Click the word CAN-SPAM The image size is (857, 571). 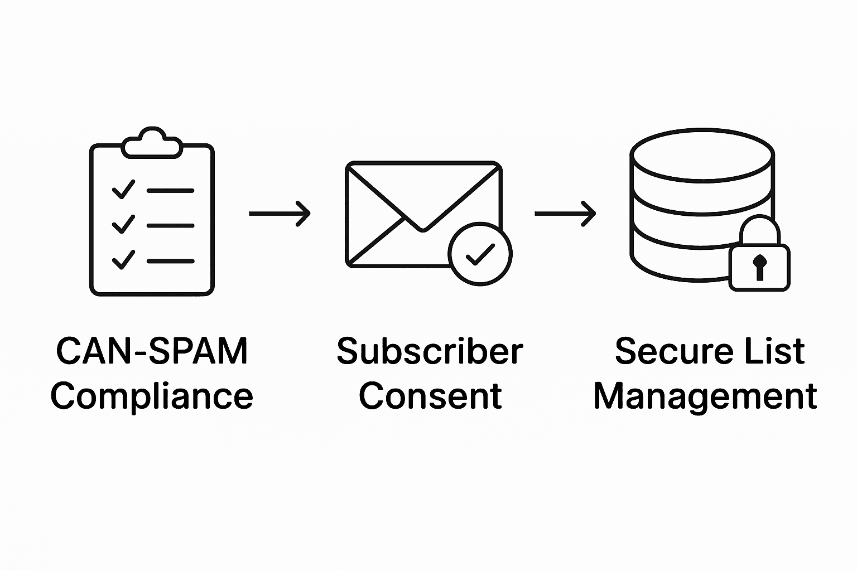pos(152,351)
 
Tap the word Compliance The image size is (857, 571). pos(152,396)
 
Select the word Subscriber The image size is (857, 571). pos(430,351)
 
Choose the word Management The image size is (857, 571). pos(705,396)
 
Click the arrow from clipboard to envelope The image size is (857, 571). pos(279,213)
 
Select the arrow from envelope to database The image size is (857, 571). pos(565,213)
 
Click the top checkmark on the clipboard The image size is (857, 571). pos(123,190)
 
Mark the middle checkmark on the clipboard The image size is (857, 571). pos(123,225)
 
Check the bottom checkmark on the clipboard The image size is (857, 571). pos(123,260)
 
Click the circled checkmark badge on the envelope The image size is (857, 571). pos(480,255)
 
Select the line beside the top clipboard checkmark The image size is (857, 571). pos(170,190)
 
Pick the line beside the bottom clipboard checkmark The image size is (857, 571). pos(170,260)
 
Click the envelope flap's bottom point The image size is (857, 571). pos(423,229)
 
